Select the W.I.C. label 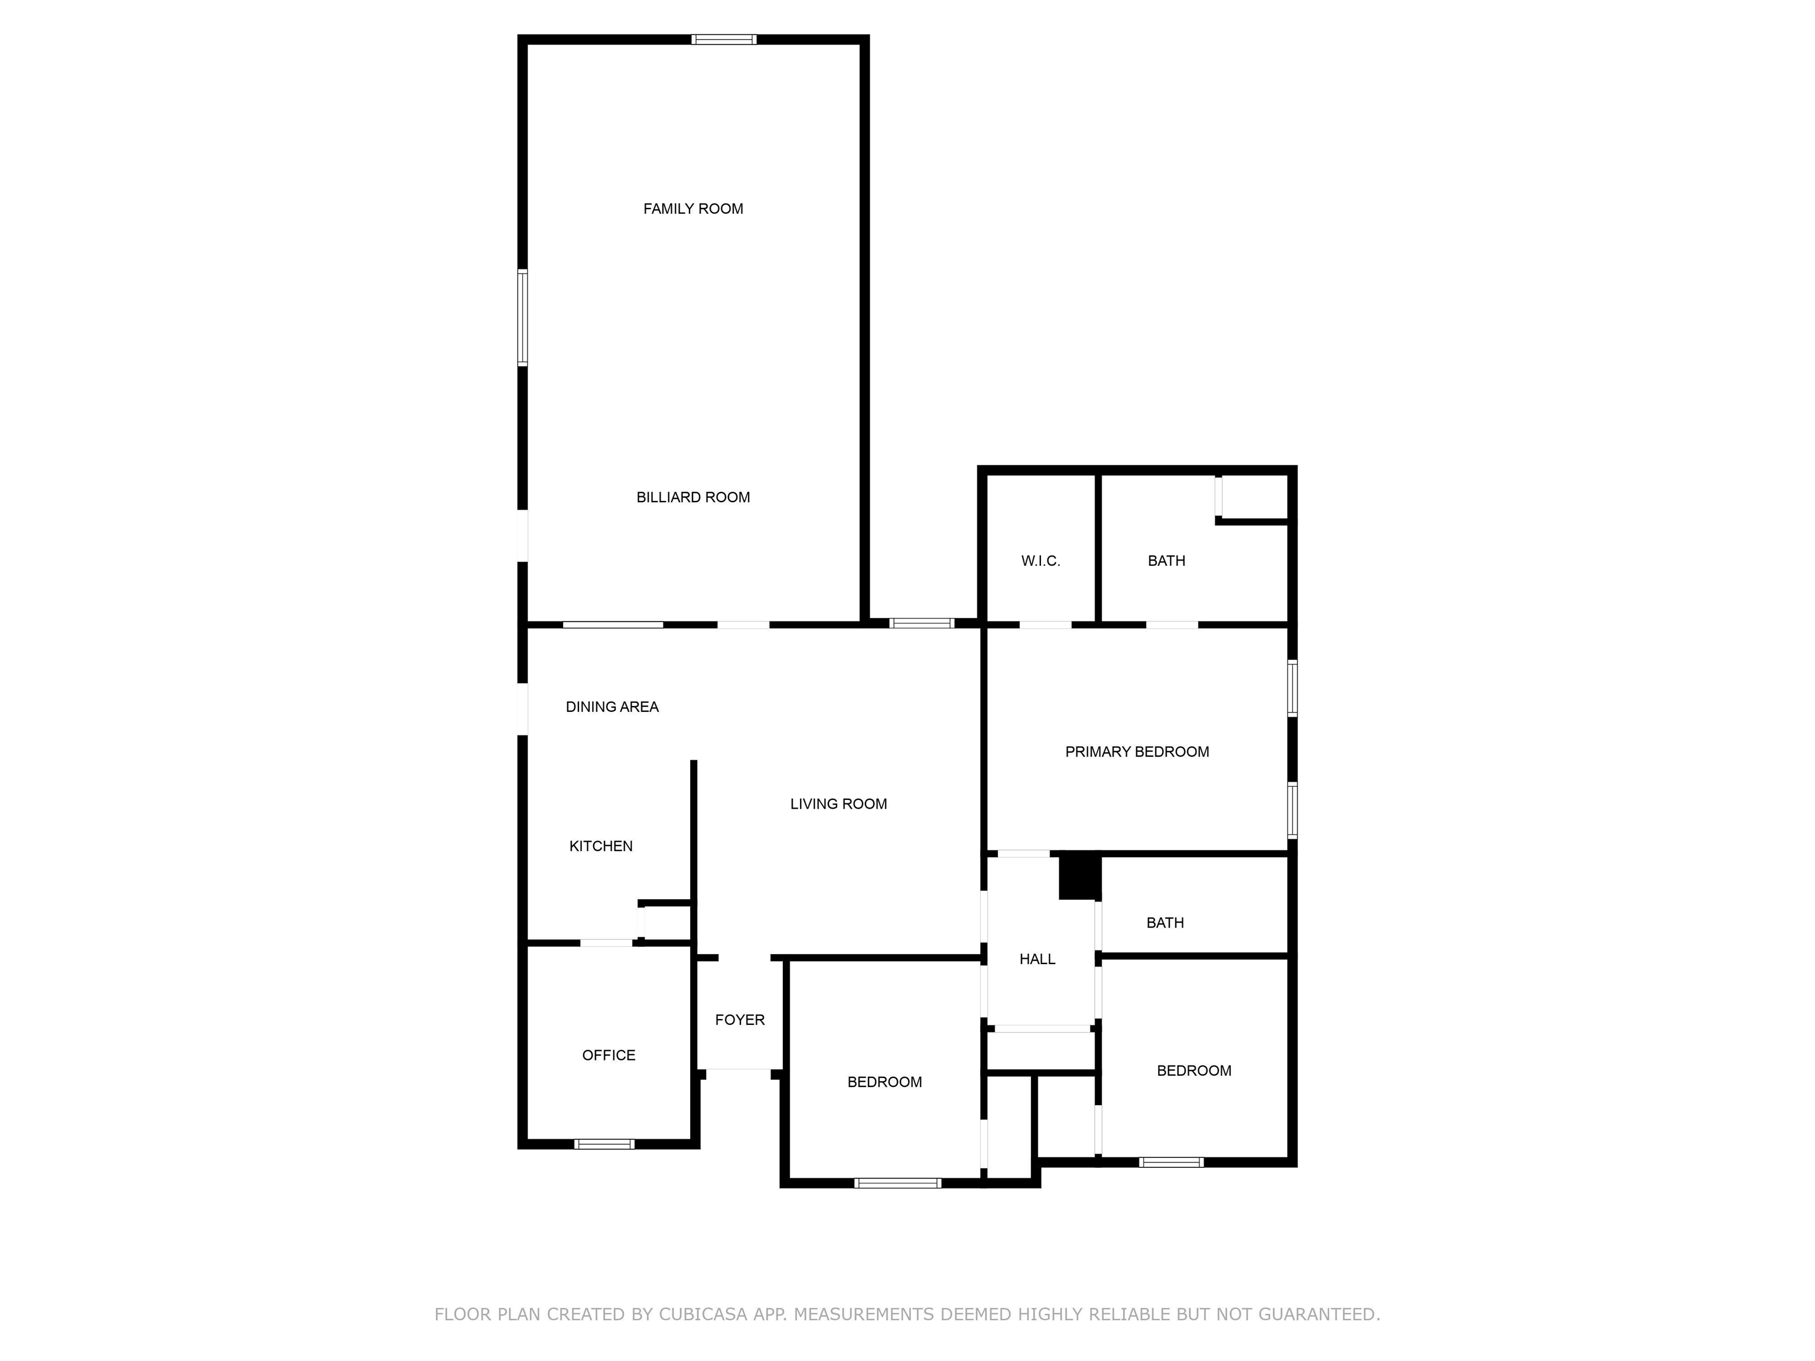tap(1040, 561)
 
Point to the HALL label tap(1037, 959)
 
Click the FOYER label tap(739, 1020)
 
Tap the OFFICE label tap(608, 1055)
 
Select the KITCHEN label tap(601, 846)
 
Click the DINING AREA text tap(612, 706)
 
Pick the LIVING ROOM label tap(838, 804)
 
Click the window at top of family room tap(723, 40)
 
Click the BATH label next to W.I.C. tap(1166, 561)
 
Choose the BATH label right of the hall tap(1165, 923)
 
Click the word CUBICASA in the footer tap(702, 1314)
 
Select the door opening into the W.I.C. tap(1045, 625)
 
